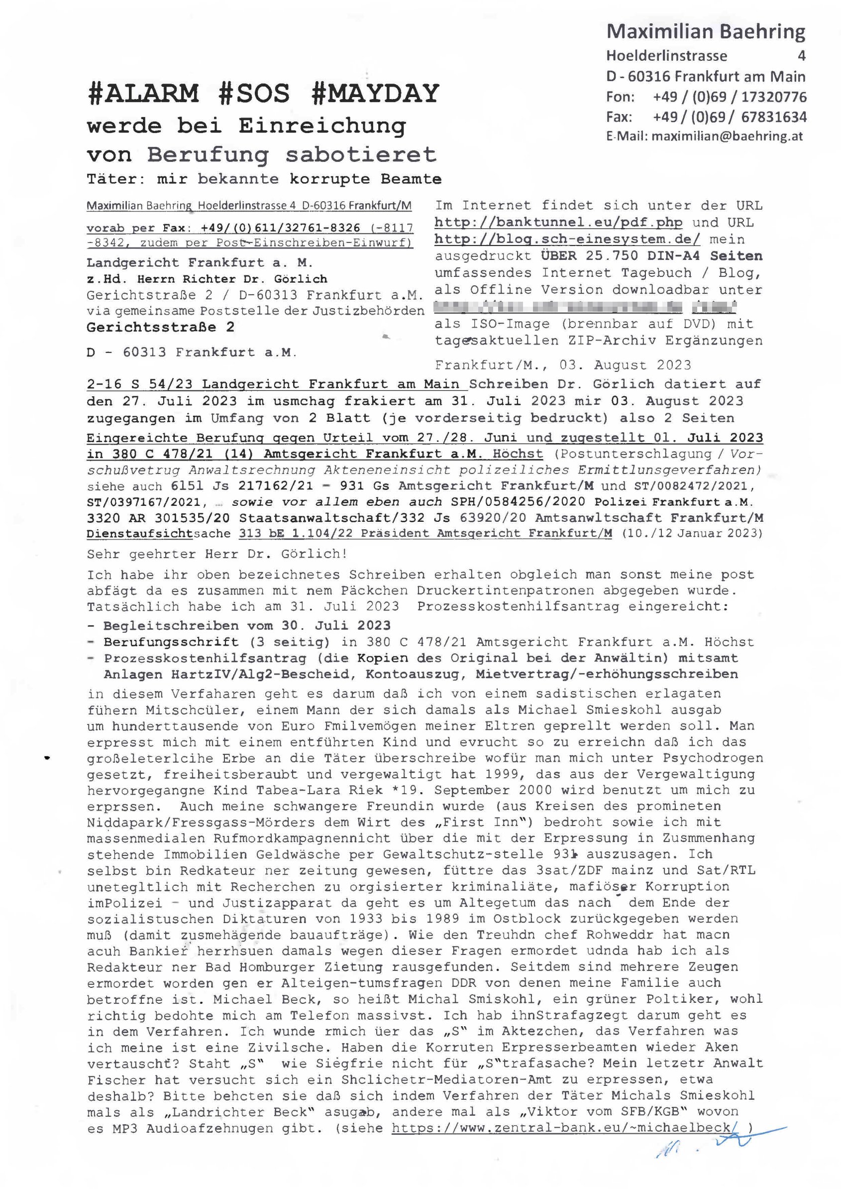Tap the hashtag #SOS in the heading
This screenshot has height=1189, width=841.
tap(254, 94)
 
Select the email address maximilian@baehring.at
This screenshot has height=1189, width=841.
tap(727, 136)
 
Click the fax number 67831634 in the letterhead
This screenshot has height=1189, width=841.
tap(774, 117)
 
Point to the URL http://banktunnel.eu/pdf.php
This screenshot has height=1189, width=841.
tap(558, 223)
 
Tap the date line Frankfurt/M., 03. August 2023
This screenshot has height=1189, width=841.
tap(563, 365)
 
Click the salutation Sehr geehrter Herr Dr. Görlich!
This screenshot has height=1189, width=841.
tap(217, 554)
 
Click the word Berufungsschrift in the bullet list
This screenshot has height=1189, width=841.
tap(171, 642)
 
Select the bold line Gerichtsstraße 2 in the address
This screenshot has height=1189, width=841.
tap(161, 328)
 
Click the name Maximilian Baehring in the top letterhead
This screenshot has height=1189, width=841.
tap(705, 32)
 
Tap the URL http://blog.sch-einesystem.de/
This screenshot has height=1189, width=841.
tap(568, 239)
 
